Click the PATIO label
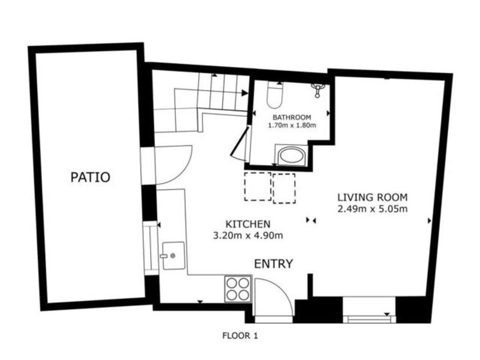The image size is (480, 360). point(90,177)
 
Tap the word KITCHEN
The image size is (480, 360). point(248,224)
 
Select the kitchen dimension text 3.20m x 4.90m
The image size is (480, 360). point(248,235)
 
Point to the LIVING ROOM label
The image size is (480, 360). point(373,197)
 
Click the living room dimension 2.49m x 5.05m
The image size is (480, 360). point(373,209)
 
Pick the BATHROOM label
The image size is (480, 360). point(292,117)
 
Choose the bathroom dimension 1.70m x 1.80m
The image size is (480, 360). point(292,125)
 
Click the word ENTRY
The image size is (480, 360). point(274,263)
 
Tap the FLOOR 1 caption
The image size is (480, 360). point(241,335)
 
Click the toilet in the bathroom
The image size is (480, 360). point(275,95)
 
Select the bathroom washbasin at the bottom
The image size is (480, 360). point(291,155)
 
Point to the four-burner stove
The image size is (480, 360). point(238,289)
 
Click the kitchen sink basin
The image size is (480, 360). point(174,255)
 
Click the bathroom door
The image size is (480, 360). point(240,142)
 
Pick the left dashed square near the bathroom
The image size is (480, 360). point(258,187)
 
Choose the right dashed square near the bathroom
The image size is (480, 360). point(284,188)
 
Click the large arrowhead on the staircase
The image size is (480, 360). point(245,93)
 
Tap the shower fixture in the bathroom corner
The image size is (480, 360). point(318,90)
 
